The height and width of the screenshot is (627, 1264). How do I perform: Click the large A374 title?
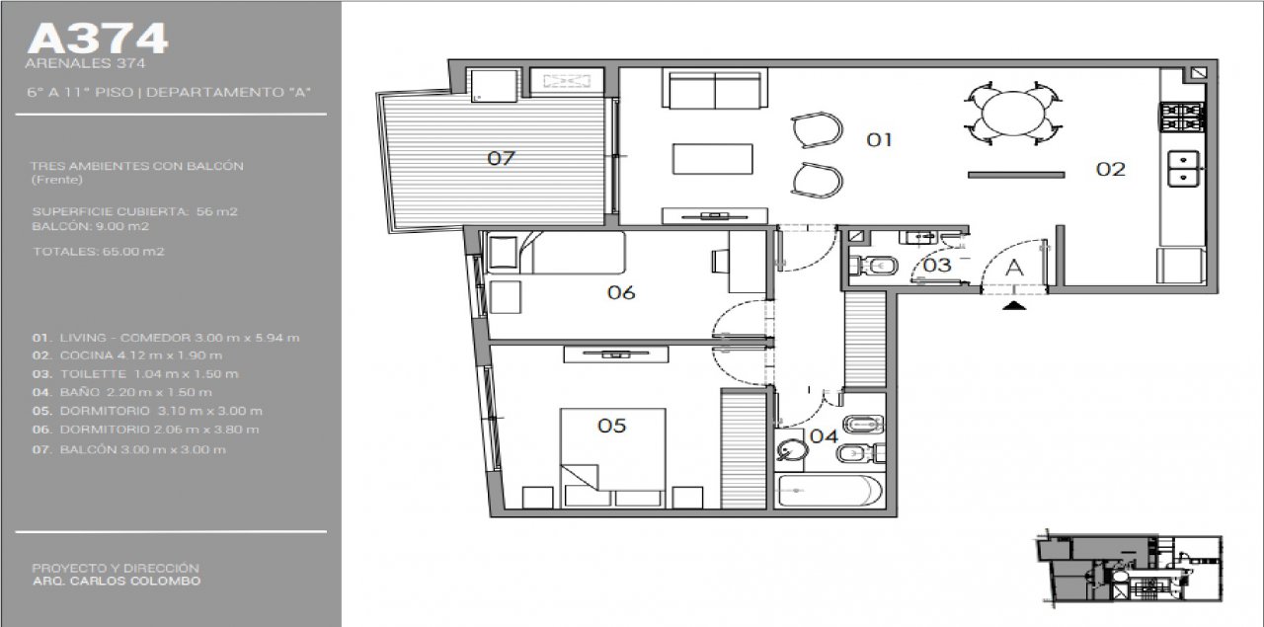click(x=98, y=39)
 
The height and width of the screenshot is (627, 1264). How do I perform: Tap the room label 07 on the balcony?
click(x=501, y=158)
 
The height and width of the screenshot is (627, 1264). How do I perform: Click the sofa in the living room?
click(x=715, y=89)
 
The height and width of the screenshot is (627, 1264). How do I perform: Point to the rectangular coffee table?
click(x=712, y=159)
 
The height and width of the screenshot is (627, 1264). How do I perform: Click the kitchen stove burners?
click(x=1182, y=118)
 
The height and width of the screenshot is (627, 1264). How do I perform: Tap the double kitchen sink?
click(x=1184, y=168)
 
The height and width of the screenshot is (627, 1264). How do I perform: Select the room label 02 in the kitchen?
click(x=1111, y=169)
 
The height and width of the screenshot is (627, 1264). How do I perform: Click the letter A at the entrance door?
click(x=1014, y=268)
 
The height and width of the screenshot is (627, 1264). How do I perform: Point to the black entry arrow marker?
click(x=1014, y=306)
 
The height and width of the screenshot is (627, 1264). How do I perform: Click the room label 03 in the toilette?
click(x=937, y=265)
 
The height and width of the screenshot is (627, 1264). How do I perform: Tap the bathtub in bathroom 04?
click(x=829, y=492)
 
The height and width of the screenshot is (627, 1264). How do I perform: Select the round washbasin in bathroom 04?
click(x=788, y=449)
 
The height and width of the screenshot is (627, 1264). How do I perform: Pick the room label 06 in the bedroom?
click(x=621, y=292)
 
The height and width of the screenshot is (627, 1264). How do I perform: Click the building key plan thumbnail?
click(x=1129, y=569)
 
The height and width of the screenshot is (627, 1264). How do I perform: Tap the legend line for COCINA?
click(x=127, y=355)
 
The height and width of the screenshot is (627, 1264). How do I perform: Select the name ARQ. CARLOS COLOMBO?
click(x=117, y=581)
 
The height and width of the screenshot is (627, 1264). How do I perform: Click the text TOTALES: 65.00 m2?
click(x=99, y=251)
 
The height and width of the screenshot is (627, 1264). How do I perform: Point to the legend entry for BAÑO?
click(x=121, y=392)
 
